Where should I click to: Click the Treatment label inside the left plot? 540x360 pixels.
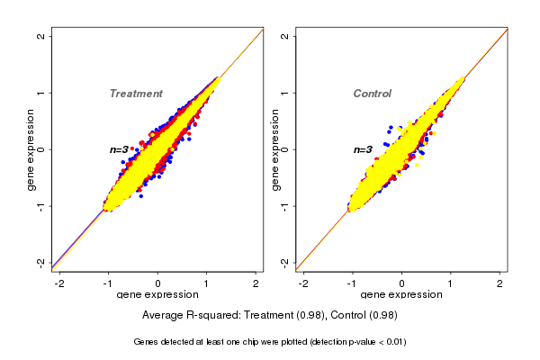click(136, 94)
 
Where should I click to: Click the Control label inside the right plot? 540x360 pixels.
click(372, 94)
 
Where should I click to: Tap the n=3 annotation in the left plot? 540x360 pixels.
click(121, 149)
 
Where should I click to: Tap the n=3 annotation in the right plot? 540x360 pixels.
click(363, 149)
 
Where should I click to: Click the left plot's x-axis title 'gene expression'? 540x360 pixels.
click(157, 295)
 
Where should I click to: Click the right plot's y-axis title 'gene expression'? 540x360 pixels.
click(274, 149)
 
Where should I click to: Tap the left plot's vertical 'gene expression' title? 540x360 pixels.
click(31, 149)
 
